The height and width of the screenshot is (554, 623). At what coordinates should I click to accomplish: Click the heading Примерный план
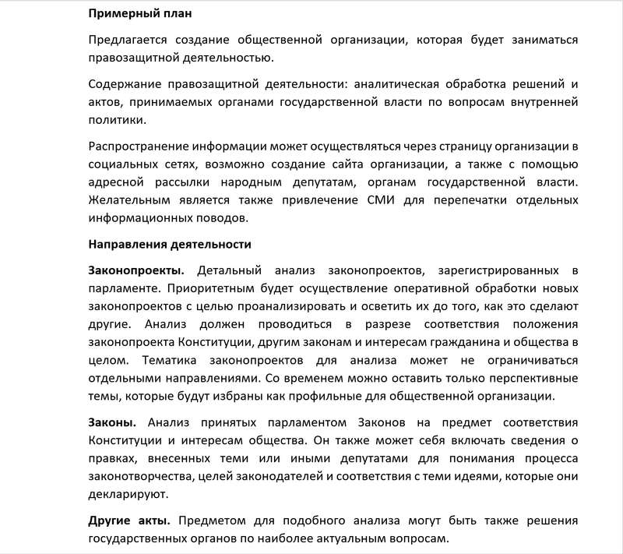click(139, 14)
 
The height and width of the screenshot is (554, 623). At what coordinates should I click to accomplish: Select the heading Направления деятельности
click(169, 245)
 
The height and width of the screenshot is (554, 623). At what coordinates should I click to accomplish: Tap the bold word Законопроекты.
click(136, 270)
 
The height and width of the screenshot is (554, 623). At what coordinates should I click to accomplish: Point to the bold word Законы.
click(112, 422)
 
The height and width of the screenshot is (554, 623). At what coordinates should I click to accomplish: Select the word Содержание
click(125, 84)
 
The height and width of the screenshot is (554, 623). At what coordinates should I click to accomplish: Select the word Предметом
click(225, 520)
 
